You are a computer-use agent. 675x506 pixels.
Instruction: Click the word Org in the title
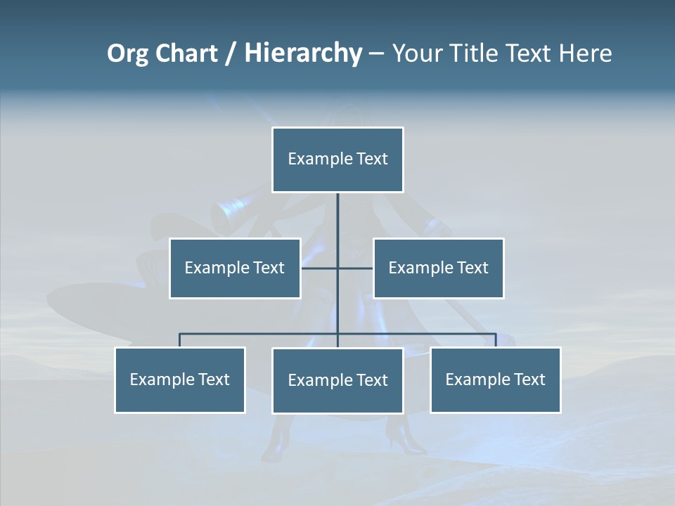coord(127,53)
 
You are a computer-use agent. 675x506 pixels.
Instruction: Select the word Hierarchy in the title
coord(303,53)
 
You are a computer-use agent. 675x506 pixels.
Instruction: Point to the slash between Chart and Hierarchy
coord(231,53)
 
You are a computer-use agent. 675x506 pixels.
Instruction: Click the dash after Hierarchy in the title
coord(376,53)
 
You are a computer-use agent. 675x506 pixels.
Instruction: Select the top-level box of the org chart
coord(337,160)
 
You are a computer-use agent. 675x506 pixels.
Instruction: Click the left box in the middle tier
coord(235,268)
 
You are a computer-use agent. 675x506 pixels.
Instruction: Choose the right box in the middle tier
coord(438,268)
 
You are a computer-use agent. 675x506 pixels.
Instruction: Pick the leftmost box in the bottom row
coord(180,380)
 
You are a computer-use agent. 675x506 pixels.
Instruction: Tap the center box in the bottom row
coord(337,381)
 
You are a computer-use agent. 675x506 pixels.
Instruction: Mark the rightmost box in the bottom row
coord(496,380)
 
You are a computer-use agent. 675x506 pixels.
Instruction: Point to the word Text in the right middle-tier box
coord(472,268)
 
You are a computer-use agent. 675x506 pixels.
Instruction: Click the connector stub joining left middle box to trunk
coord(319,268)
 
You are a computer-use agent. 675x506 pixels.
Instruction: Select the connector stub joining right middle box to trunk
coord(356,268)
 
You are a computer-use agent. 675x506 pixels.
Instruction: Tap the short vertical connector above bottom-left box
coord(180,340)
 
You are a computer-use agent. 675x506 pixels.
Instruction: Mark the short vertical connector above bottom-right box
coord(496,340)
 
